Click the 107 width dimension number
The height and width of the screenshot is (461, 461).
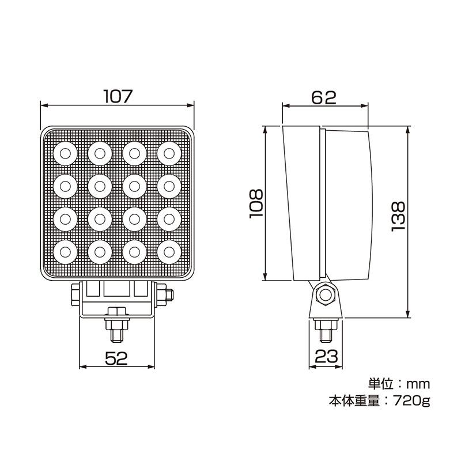pyautogui.click(x=118, y=96)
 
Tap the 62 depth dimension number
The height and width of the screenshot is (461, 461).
pyautogui.click(x=324, y=97)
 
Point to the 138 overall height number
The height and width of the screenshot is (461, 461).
pyautogui.click(x=399, y=216)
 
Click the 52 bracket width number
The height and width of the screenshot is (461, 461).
pyautogui.click(x=116, y=358)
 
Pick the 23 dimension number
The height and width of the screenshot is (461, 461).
pyautogui.click(x=326, y=357)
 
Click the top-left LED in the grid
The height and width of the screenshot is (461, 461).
pyautogui.click(x=65, y=153)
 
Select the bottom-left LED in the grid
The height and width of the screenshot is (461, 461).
pyautogui.click(x=65, y=251)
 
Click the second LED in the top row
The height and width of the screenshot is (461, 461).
pyautogui.click(x=100, y=153)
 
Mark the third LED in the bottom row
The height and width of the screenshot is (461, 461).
pyautogui.click(x=134, y=251)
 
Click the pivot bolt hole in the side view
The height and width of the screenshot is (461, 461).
pyautogui.click(x=326, y=296)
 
